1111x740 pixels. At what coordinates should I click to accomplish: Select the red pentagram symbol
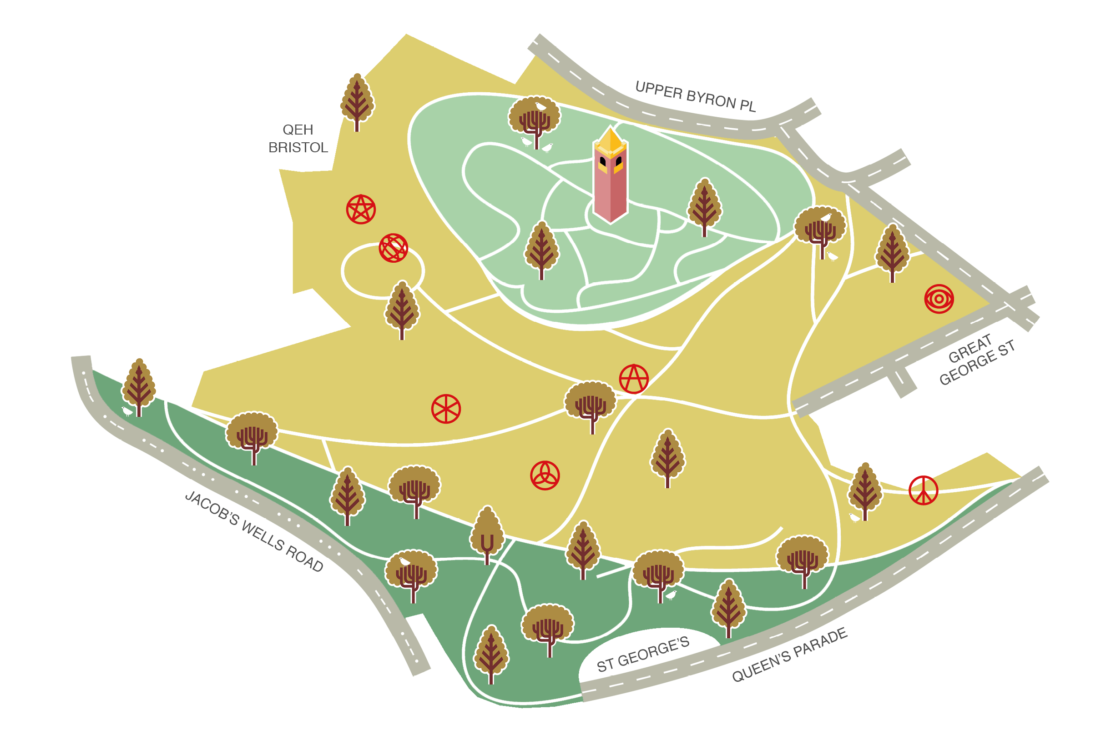point(361,209)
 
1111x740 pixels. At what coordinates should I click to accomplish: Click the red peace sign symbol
point(924,490)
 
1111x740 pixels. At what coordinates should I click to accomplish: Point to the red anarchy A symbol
point(633,379)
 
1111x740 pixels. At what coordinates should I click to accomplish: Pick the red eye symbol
point(939,299)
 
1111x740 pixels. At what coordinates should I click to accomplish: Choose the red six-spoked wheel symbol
point(446,409)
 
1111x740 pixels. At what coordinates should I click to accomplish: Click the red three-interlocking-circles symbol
point(545,475)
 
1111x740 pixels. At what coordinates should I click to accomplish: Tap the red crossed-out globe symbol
point(393,248)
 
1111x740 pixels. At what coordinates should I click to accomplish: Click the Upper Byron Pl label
point(695,96)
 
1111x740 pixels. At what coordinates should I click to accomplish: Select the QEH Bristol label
point(298,139)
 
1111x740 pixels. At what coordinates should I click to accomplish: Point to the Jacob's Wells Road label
point(254,531)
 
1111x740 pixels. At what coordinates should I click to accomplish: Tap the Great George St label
point(977,360)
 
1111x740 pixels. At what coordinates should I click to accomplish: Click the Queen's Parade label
point(789,655)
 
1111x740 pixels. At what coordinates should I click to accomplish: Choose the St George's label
point(643,654)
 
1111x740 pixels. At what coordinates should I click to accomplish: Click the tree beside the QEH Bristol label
point(357,101)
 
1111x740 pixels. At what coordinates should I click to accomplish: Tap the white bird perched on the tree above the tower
point(540,106)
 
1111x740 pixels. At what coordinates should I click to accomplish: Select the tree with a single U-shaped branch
point(487,533)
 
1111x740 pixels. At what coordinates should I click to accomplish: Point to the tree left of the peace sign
point(865,490)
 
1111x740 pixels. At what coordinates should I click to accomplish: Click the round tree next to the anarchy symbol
point(591,404)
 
